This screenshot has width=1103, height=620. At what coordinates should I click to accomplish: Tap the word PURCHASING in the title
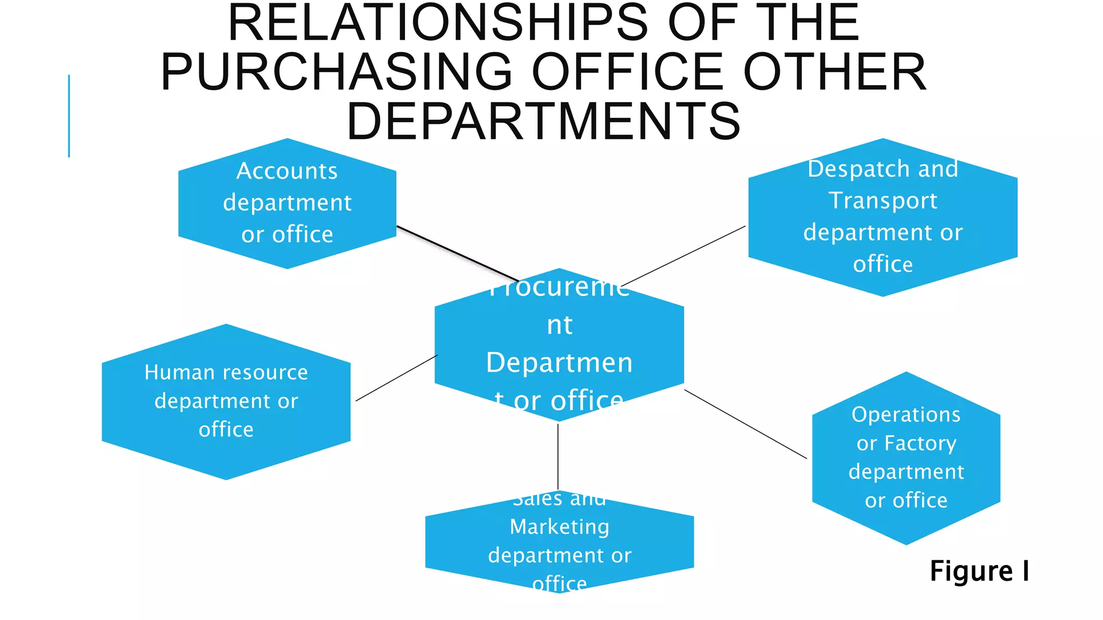click(x=337, y=72)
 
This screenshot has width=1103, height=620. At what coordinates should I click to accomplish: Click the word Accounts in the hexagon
click(x=287, y=171)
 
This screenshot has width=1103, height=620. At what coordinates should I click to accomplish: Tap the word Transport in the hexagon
click(x=883, y=201)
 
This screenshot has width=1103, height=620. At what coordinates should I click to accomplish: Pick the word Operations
click(x=906, y=414)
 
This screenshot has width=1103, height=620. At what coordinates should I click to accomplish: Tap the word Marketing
click(x=560, y=526)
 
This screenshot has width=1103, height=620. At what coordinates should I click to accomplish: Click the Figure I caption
click(x=979, y=571)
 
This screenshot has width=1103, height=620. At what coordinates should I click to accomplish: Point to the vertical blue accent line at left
click(x=69, y=116)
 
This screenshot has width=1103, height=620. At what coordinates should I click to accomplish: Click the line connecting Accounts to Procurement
click(x=458, y=253)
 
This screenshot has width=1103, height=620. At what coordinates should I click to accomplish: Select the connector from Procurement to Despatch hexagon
click(x=684, y=256)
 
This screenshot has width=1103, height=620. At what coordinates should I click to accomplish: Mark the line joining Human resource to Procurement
click(x=396, y=378)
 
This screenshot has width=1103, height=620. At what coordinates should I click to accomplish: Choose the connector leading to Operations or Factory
click(x=745, y=424)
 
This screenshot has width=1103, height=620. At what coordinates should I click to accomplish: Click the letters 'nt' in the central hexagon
click(x=560, y=326)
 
